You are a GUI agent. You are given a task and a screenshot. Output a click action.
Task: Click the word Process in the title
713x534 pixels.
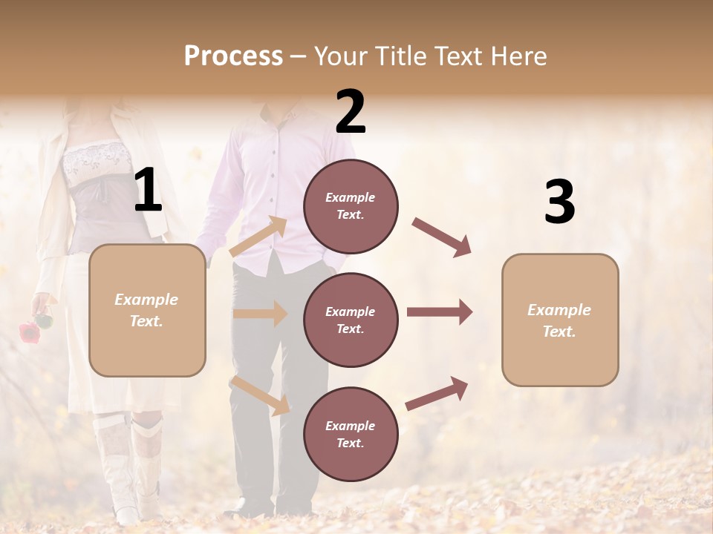(233, 56)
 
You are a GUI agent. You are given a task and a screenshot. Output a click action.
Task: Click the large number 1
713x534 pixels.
(148, 191)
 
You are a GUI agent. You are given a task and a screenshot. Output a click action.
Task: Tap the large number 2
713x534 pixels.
(351, 112)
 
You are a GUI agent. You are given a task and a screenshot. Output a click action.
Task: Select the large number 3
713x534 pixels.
(559, 202)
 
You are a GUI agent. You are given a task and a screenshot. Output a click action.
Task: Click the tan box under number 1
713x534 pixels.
(147, 310)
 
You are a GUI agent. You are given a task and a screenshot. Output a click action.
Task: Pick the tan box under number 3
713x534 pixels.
(560, 320)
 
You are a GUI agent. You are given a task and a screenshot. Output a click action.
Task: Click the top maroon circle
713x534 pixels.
(351, 206)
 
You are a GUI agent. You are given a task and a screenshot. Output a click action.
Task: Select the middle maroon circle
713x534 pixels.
(351, 320)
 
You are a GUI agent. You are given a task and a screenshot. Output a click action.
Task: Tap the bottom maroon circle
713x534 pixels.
(351, 434)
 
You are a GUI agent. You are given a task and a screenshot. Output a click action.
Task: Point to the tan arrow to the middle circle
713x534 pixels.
(260, 314)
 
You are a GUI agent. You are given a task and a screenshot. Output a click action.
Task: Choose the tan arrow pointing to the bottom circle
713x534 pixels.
(260, 395)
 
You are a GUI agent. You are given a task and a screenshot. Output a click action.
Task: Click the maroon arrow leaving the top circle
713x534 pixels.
(442, 237)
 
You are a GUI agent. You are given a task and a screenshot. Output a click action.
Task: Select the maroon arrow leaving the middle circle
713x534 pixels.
(440, 312)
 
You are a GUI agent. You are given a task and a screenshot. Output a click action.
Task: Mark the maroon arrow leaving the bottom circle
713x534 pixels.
(437, 393)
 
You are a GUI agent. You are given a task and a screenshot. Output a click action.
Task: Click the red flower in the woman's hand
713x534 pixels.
(28, 331)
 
